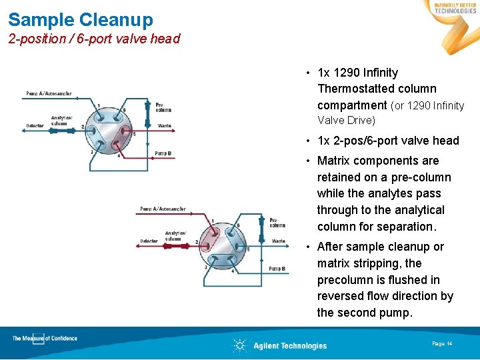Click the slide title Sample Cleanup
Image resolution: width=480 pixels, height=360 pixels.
point(81,20)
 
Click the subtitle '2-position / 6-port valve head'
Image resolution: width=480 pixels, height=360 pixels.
point(94,39)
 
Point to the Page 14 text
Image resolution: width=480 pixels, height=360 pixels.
point(442,343)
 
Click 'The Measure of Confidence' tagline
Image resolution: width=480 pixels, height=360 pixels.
point(45,339)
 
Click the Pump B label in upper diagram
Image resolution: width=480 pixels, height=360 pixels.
point(163,153)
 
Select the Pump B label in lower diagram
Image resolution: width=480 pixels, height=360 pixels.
point(277,269)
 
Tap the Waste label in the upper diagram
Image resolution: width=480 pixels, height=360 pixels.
point(164,125)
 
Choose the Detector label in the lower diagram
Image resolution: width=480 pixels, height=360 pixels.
point(149,241)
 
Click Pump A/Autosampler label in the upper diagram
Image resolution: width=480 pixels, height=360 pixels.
point(49,93)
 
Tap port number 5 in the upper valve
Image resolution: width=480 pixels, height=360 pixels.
point(134,134)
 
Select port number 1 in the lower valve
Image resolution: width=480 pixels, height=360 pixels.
point(212,221)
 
